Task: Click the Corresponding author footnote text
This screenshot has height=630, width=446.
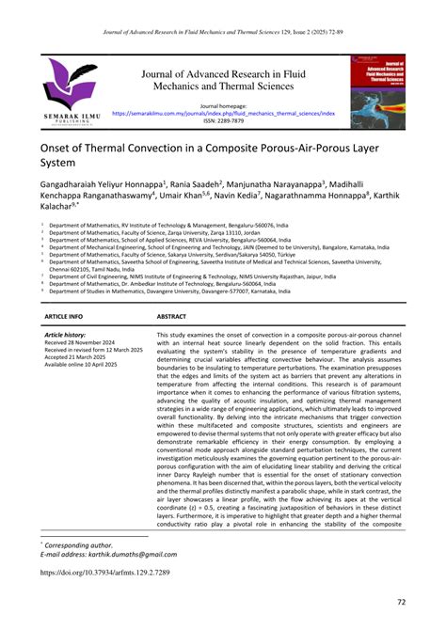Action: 80,543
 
